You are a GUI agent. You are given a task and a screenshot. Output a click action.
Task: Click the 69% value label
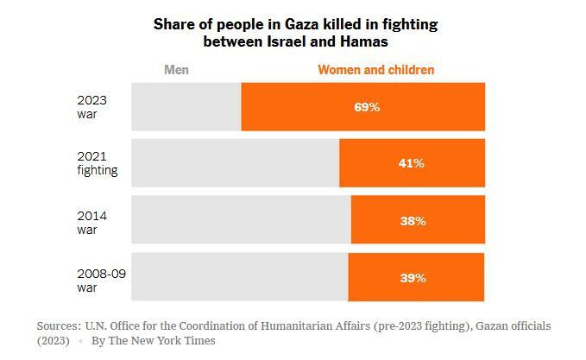pos(367,107)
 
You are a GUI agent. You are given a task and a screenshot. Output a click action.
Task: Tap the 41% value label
pos(411,163)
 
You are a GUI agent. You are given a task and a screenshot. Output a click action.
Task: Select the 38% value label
pos(413,221)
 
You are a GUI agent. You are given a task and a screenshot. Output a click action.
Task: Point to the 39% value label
pos(413,278)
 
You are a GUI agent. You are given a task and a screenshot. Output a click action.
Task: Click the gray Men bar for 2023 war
pos(186,107)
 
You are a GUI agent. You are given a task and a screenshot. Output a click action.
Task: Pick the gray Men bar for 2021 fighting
pos(235,163)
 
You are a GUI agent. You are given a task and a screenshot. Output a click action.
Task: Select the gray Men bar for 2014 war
pos(241,221)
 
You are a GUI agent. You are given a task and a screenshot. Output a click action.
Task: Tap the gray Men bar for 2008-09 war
pos(239,278)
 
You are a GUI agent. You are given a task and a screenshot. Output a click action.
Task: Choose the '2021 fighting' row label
pos(97,164)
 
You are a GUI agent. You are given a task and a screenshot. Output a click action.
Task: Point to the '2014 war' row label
pos(92,222)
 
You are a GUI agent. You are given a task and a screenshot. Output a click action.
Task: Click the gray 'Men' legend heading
pos(176,70)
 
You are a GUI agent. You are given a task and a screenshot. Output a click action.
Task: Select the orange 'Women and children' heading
pos(376,70)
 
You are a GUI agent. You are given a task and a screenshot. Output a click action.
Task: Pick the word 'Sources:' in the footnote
pos(59,326)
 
